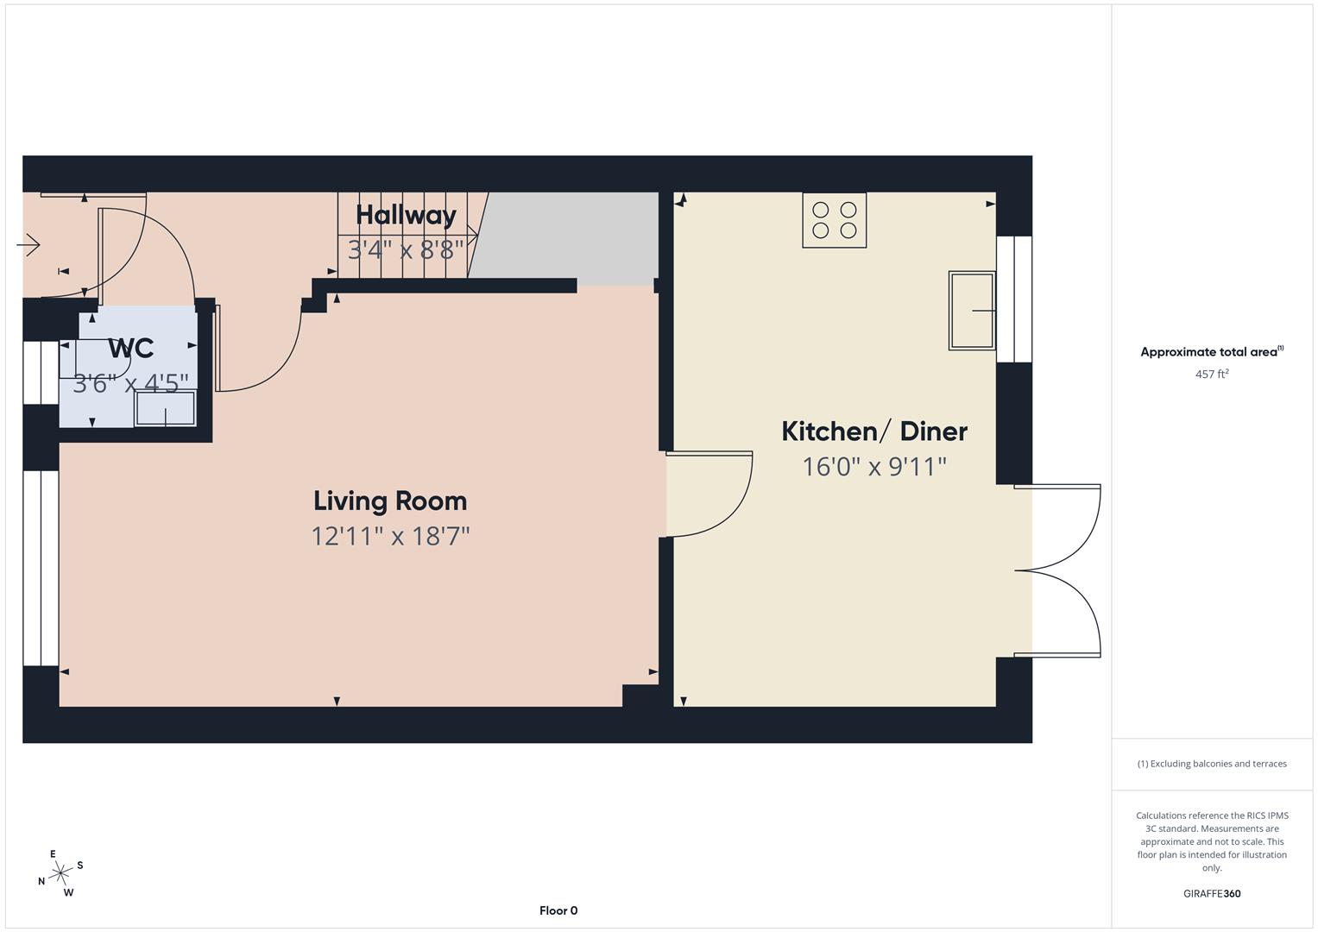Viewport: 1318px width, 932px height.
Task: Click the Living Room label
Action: point(390,501)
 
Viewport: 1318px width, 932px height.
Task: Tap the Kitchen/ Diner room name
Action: point(874,431)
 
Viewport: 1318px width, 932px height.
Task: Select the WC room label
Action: point(131,349)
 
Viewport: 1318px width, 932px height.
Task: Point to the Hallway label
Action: point(406,215)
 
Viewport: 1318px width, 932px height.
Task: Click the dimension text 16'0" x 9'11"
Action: point(874,467)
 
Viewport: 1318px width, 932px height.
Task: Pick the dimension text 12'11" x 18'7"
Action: point(390,537)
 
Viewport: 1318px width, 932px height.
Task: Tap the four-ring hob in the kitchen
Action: point(834,220)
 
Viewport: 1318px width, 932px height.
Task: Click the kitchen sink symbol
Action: point(972,310)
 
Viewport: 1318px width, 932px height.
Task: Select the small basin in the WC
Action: point(165,408)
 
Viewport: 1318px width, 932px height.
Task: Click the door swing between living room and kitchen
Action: point(708,494)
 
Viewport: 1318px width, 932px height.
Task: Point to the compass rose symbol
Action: point(60,873)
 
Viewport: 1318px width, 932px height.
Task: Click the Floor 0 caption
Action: point(558,910)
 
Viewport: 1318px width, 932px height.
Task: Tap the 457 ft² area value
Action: point(1211,375)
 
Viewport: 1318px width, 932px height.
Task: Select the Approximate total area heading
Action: point(1211,352)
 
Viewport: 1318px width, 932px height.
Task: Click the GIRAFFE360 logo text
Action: point(1211,893)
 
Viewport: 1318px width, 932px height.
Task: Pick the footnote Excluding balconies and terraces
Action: point(1211,764)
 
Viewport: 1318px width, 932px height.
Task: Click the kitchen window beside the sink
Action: point(1014,299)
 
